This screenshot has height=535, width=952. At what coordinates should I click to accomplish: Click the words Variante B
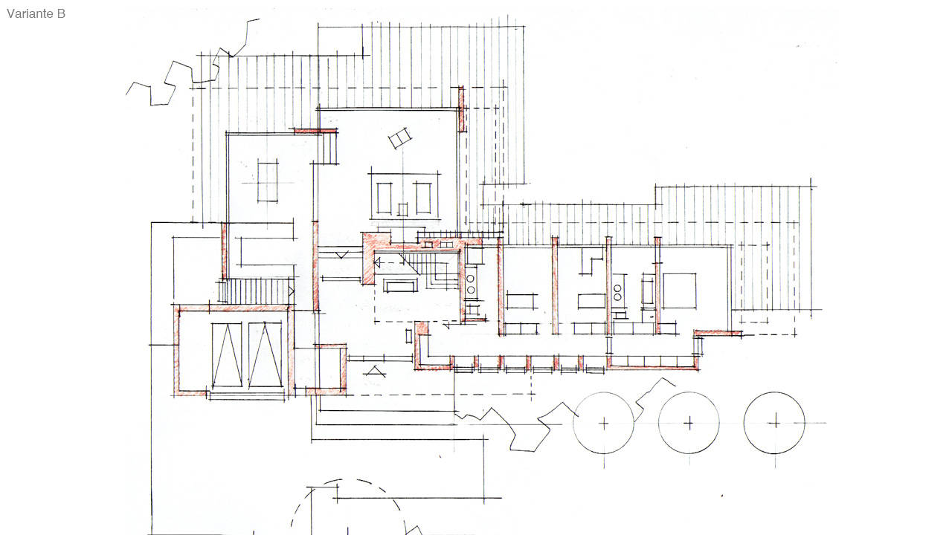coord(36,13)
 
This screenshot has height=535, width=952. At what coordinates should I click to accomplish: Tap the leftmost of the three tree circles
coord(603,393)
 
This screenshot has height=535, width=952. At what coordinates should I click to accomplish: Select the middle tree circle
coord(689,393)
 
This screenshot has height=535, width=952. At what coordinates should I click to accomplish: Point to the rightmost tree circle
coord(774,392)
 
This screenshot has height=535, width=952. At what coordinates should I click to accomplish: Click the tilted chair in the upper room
coord(400,138)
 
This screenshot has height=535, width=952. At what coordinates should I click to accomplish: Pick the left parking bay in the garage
coord(227,355)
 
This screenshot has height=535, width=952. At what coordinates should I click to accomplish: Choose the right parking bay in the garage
coord(266,355)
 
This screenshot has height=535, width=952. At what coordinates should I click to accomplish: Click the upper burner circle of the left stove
coord(471,279)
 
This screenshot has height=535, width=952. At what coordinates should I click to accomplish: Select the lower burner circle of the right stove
coord(617,296)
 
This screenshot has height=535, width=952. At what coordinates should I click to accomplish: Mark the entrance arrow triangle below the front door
coord(374,372)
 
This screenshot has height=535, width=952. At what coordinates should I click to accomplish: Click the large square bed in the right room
coord(679,291)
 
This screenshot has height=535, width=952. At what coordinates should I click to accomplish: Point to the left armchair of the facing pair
coord(385,198)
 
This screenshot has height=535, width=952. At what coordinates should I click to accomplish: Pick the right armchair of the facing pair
coord(423,198)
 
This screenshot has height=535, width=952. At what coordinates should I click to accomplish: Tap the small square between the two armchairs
coord(402,210)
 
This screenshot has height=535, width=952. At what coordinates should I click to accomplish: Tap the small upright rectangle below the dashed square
coord(408,337)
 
